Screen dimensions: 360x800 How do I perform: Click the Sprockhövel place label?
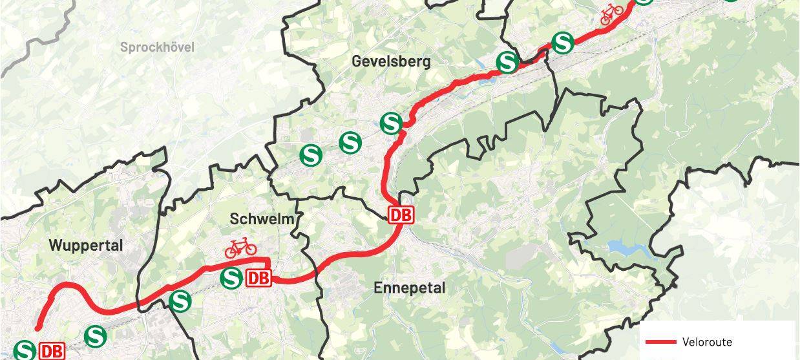point(157,47)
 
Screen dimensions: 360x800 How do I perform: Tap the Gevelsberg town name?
point(390,61)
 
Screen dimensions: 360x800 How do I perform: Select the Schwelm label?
point(257,219)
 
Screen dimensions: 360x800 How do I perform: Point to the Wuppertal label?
point(86,246)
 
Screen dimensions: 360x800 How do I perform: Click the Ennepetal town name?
point(410,288)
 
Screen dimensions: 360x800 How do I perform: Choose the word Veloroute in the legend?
point(706,342)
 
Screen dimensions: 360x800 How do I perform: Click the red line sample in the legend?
point(659,342)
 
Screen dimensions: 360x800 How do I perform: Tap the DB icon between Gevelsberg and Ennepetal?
point(401,215)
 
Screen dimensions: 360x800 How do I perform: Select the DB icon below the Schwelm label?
point(258,279)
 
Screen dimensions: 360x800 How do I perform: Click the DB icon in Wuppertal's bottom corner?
point(52,351)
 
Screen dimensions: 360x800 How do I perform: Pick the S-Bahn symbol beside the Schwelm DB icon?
point(231,279)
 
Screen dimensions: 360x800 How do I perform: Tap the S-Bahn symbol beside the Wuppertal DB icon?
point(25,351)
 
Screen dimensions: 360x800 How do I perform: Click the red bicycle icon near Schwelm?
point(240,247)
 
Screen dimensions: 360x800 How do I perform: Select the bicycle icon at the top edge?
point(611,14)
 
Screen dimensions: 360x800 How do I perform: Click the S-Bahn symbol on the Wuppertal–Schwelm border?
point(180,301)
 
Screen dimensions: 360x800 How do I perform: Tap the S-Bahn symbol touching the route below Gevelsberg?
point(391,123)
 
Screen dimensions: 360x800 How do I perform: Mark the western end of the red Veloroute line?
point(38,328)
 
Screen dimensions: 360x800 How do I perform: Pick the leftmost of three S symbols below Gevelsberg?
point(311,154)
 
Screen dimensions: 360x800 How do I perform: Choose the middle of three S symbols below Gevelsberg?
point(350,142)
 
